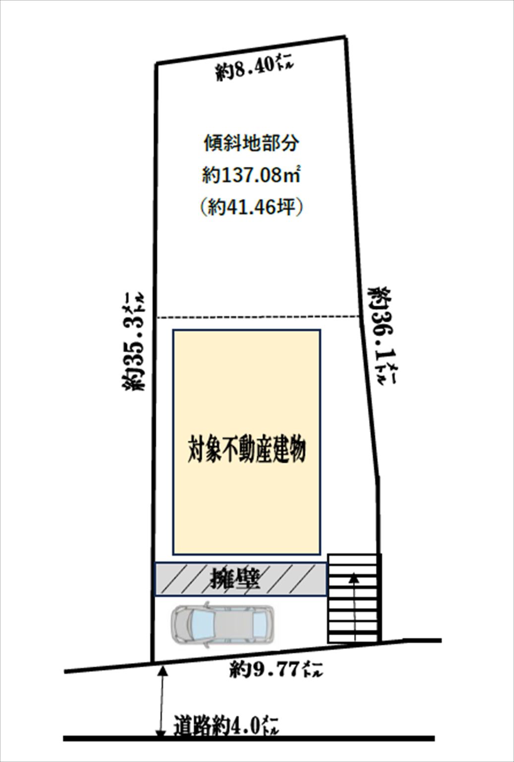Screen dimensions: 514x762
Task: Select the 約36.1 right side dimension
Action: coord(382,336)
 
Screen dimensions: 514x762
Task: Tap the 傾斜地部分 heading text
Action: coord(251,144)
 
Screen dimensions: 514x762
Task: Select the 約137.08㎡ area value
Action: coord(251,175)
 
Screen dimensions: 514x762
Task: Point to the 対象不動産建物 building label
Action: coord(246,449)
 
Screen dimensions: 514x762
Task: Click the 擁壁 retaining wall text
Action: coord(235,579)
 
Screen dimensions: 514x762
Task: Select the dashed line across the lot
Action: coord(258,317)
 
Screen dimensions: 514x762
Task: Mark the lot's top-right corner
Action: coord(345,37)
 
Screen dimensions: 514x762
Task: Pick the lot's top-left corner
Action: coord(156,63)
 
